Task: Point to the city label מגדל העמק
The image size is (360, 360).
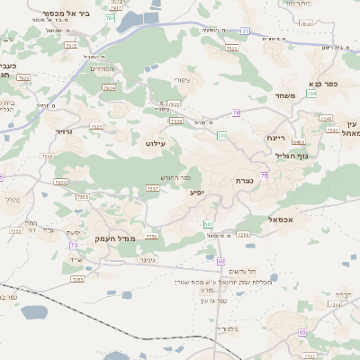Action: tap(113, 238)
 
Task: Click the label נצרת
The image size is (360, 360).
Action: tap(243, 181)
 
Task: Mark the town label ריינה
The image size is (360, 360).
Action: tap(275, 138)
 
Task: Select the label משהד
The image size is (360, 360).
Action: tap(286, 94)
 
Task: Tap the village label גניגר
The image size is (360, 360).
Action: tap(149, 261)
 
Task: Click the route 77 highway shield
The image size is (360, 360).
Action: tap(246, 31)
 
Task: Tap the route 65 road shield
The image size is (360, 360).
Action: tap(302, 332)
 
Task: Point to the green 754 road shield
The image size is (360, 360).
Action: tap(311, 94)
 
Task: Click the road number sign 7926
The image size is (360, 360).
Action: tap(109, 88)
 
